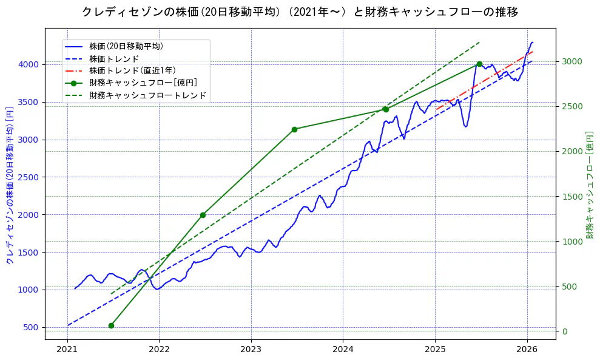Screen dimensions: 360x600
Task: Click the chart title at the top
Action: tap(300, 12)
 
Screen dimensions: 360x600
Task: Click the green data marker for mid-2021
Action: tap(111, 325)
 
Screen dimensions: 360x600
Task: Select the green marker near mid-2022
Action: tap(203, 215)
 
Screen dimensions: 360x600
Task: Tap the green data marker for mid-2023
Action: tap(294, 129)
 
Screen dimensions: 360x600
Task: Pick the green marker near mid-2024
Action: tap(386, 109)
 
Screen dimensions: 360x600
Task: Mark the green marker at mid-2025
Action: tap(479, 64)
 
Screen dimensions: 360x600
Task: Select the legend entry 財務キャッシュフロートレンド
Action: tap(147, 95)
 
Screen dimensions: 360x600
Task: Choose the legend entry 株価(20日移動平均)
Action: tap(126, 46)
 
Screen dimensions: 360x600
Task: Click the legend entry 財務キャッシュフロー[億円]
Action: tap(143, 83)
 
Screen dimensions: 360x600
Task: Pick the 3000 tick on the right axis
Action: tap(572, 61)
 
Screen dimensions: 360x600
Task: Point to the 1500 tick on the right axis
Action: tap(572, 196)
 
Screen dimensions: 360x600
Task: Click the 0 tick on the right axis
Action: tap(565, 331)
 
